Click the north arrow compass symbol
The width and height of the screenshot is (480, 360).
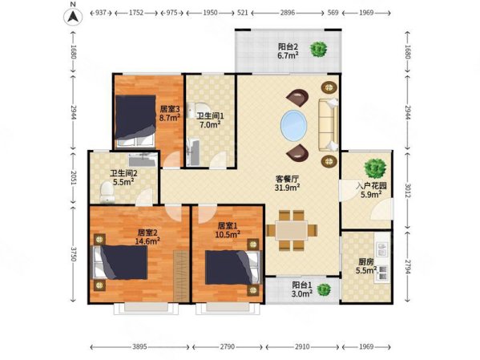72,14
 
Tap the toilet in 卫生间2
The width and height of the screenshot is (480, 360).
107,190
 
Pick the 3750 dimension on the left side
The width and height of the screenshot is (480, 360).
75,253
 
